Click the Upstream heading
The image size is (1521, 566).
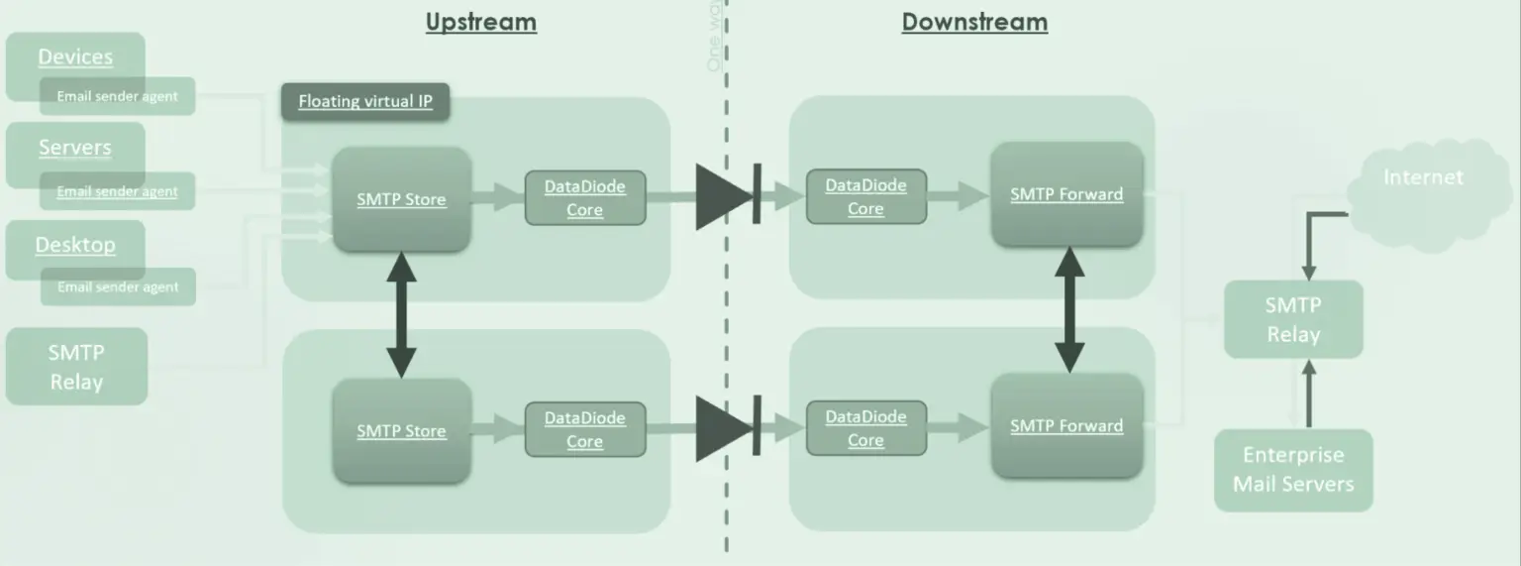481,22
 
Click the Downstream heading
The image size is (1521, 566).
974,22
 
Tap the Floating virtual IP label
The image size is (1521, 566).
365,101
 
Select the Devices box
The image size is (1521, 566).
75,56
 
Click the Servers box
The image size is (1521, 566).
75,147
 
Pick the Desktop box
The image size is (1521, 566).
75,244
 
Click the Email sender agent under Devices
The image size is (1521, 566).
118,96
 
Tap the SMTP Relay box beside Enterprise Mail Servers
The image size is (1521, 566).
1293,319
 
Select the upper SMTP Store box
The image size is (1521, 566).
401,199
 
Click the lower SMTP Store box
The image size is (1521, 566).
401,431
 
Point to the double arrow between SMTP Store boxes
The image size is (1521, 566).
401,315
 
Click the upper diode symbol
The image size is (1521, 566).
729,196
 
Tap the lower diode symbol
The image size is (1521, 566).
729,428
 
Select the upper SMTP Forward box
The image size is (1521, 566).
1066,194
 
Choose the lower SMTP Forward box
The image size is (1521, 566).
1066,426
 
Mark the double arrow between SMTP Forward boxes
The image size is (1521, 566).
1068,309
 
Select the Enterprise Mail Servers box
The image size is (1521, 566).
1293,470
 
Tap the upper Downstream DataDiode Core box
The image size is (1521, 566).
865,196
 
